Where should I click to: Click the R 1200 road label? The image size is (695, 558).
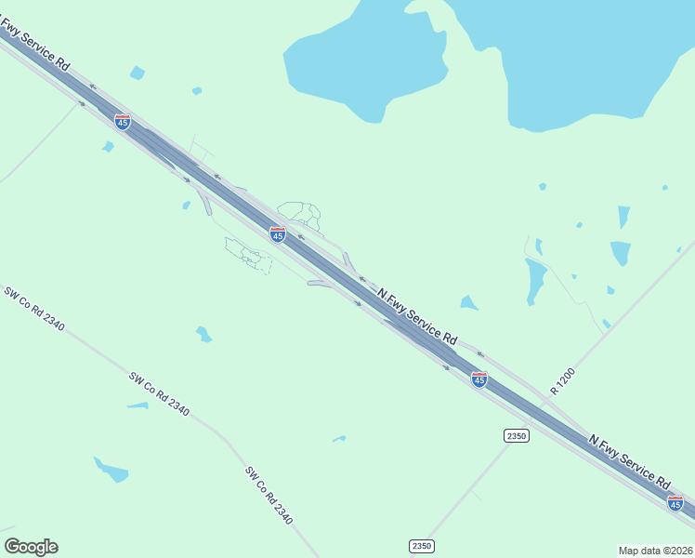[563, 381]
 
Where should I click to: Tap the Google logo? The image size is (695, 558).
[31, 547]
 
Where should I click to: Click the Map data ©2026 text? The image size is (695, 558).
[655, 550]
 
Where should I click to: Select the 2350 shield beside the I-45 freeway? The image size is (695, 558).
[517, 435]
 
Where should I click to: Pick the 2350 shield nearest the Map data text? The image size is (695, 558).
[421, 546]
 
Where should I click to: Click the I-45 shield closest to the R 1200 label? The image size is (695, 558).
[479, 379]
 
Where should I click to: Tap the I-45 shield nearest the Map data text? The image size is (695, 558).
[675, 503]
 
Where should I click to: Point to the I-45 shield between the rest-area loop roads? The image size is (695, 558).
[277, 234]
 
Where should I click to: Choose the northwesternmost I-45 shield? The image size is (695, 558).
[123, 121]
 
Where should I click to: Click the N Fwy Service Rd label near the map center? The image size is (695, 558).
[417, 314]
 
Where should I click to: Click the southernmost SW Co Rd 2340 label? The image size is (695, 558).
[269, 496]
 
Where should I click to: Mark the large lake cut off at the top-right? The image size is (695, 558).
[576, 56]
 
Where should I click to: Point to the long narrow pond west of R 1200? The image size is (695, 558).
[535, 281]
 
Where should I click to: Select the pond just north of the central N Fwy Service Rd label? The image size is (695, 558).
[469, 302]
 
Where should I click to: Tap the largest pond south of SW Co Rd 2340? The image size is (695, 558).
[111, 470]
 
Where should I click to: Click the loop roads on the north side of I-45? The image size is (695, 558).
[300, 214]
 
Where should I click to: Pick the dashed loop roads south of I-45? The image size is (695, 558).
[248, 254]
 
